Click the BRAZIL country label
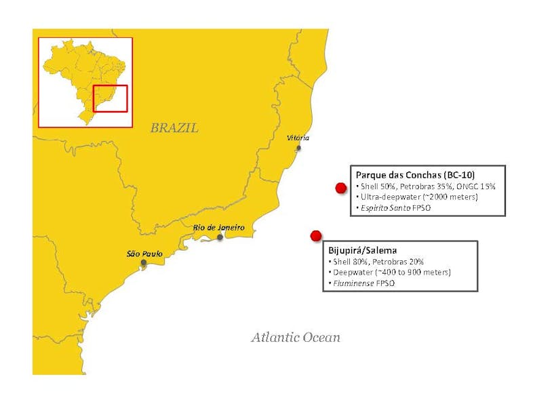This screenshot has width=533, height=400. [174, 127]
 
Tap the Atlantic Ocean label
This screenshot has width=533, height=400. [296, 337]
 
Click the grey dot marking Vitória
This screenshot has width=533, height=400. [298, 148]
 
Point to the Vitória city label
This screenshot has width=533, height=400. [298, 138]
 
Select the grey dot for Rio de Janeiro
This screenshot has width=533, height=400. [220, 237]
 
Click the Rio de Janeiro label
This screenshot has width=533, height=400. [218, 227]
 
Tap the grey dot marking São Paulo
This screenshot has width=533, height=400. [143, 262]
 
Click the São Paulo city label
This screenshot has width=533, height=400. [144, 253]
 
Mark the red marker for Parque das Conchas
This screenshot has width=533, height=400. [340, 188]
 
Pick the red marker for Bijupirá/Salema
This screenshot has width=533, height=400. [315, 236]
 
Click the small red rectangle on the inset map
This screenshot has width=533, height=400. [109, 97]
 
